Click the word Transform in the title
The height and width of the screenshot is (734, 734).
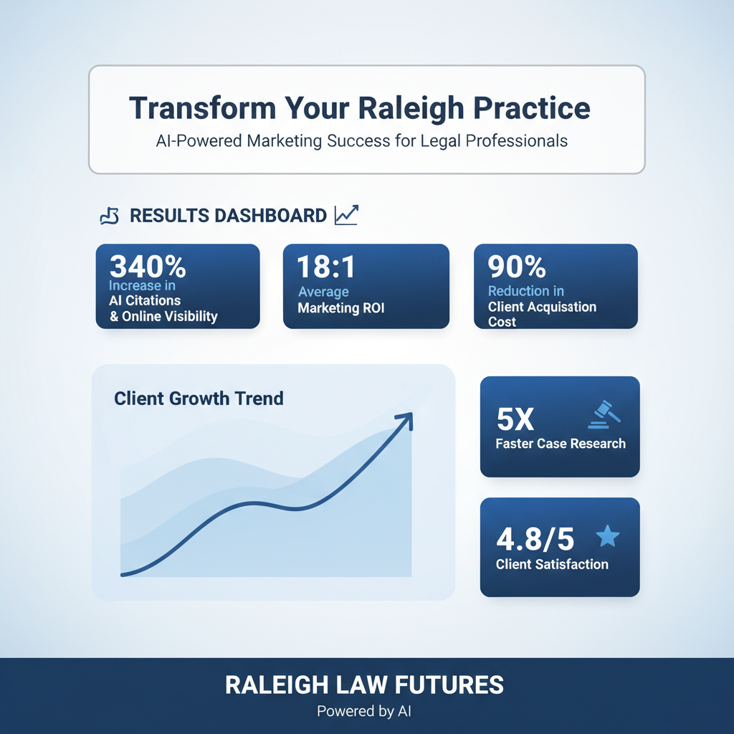(x=199, y=108)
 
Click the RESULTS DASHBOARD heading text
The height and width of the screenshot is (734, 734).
(x=228, y=215)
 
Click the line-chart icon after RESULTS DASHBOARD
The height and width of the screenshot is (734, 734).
(x=346, y=214)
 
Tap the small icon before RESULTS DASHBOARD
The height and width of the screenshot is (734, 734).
(x=108, y=216)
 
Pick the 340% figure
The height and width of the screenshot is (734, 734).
(x=148, y=267)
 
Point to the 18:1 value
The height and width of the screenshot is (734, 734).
(x=327, y=267)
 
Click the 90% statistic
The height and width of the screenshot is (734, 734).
(x=516, y=267)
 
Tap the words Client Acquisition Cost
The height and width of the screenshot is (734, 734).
(x=541, y=314)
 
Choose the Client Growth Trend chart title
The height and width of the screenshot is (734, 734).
(x=199, y=398)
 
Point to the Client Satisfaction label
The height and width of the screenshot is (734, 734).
(x=552, y=564)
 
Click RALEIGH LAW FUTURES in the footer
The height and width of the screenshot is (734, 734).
(x=364, y=685)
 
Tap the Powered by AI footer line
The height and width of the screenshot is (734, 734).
(x=364, y=712)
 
